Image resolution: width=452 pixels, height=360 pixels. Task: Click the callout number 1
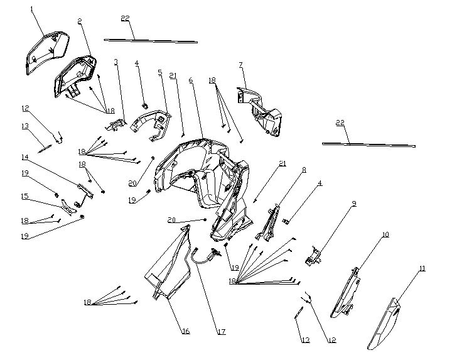pyautogui.click(x=32, y=9)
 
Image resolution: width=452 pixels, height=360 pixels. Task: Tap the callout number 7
pyautogui.click(x=241, y=64)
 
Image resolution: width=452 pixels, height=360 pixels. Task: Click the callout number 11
pyautogui.click(x=422, y=268)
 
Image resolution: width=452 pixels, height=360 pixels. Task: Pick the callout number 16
pyautogui.click(x=186, y=331)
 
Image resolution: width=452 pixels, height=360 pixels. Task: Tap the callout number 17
pyautogui.click(x=222, y=332)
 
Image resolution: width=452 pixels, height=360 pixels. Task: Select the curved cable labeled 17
pyautogui.click(x=205, y=259)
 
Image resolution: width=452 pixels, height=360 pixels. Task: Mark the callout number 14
pyautogui.click(x=25, y=157)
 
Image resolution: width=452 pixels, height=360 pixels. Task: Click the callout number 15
pyautogui.click(x=24, y=196)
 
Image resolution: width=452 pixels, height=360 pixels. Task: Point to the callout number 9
pyautogui.click(x=354, y=204)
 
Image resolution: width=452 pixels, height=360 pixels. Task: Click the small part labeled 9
pyautogui.click(x=313, y=256)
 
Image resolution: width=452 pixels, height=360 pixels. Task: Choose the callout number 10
pyautogui.click(x=385, y=234)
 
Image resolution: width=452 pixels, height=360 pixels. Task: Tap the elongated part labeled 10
pyautogui.click(x=345, y=293)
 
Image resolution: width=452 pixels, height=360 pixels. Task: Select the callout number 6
pyautogui.click(x=191, y=80)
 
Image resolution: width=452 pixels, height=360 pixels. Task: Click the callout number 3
pyautogui.click(x=116, y=62)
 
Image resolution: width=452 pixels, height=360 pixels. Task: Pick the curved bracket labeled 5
pyautogui.click(x=151, y=126)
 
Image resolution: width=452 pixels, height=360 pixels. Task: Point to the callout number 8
pyautogui.click(x=304, y=170)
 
